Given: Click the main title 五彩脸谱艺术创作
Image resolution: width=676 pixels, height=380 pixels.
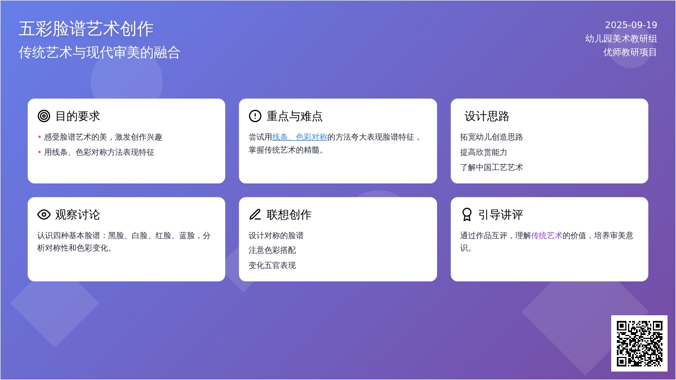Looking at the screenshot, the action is pyautogui.click(x=86, y=29).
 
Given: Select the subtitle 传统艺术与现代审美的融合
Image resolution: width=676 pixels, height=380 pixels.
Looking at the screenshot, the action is pyautogui.click(x=100, y=52).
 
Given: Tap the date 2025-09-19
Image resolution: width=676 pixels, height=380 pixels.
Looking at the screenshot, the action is pyautogui.click(x=631, y=25).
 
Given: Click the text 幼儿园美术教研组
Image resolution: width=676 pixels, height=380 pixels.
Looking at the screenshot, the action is pyautogui.click(x=621, y=39).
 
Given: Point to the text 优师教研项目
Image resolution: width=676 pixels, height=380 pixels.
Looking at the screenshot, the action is pyautogui.click(x=630, y=52).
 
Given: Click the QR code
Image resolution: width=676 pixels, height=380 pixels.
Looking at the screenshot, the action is pyautogui.click(x=639, y=343).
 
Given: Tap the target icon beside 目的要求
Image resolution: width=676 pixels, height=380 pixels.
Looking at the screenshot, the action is pyautogui.click(x=44, y=116).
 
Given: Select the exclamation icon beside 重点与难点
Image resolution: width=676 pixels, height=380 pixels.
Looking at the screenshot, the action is pyautogui.click(x=255, y=116).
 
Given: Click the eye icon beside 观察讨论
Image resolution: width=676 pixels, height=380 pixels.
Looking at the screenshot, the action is pyautogui.click(x=44, y=214).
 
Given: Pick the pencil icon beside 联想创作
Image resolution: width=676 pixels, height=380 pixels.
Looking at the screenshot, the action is pyautogui.click(x=255, y=214).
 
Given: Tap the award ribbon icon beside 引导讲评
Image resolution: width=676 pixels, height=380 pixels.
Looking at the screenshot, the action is pyautogui.click(x=467, y=214).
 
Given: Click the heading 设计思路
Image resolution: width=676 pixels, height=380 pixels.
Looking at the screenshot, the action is pyautogui.click(x=487, y=116).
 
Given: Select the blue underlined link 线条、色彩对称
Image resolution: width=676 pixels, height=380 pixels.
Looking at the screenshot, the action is pyautogui.click(x=300, y=137).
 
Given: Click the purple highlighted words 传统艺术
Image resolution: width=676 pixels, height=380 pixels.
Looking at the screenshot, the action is pyautogui.click(x=546, y=235).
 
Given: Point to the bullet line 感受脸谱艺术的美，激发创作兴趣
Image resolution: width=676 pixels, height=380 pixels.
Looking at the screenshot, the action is pyautogui.click(x=103, y=137).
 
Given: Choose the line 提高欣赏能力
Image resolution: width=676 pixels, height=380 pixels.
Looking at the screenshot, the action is pyautogui.click(x=483, y=153).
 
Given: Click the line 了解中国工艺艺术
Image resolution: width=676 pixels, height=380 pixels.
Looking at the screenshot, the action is pyautogui.click(x=491, y=167).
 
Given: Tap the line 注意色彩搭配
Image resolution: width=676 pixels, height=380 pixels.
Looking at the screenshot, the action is pyautogui.click(x=272, y=251).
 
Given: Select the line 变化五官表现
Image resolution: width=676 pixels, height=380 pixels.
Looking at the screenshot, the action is pyautogui.click(x=272, y=265).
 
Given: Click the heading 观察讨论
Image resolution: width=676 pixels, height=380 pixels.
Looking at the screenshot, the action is pyautogui.click(x=78, y=214).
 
